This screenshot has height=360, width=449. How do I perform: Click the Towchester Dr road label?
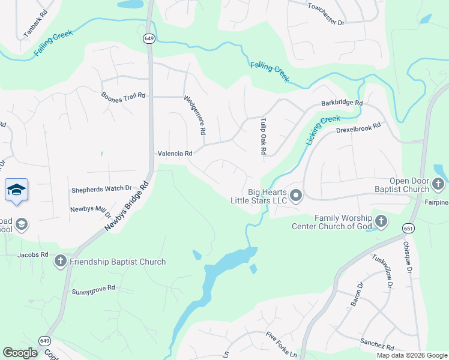tap(326, 15)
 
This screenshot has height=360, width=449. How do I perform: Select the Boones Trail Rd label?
tap(124, 95)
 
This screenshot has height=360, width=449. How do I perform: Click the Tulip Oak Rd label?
tap(262, 137)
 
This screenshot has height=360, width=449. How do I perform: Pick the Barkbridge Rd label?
tap(342, 103)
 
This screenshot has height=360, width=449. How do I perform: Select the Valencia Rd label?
tap(175, 154)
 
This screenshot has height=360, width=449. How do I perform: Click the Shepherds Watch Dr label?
tap(101, 190)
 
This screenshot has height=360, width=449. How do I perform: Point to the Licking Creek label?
tap(323, 130)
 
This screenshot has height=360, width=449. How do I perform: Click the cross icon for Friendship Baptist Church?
tap(60, 261)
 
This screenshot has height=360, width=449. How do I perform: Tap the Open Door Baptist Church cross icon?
tap(439, 184)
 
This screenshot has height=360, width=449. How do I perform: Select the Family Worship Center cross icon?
tap(379, 222)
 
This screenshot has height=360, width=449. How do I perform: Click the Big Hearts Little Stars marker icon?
tap(295, 195)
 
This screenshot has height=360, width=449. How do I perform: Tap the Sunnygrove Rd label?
tap(93, 289)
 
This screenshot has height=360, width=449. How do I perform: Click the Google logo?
tap(20, 353)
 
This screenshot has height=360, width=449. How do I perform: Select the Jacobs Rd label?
tap(33, 254)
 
